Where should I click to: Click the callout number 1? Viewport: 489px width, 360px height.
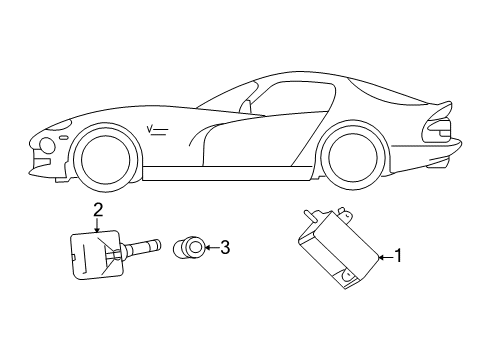click(398, 255)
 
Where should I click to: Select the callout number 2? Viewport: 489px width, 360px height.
click(98, 210)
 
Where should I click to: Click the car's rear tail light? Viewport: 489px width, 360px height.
click(441, 129)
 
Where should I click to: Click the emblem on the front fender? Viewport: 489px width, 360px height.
click(156, 127)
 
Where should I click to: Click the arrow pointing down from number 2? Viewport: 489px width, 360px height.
click(98, 225)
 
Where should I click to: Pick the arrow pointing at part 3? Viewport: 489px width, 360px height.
click(209, 247)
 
